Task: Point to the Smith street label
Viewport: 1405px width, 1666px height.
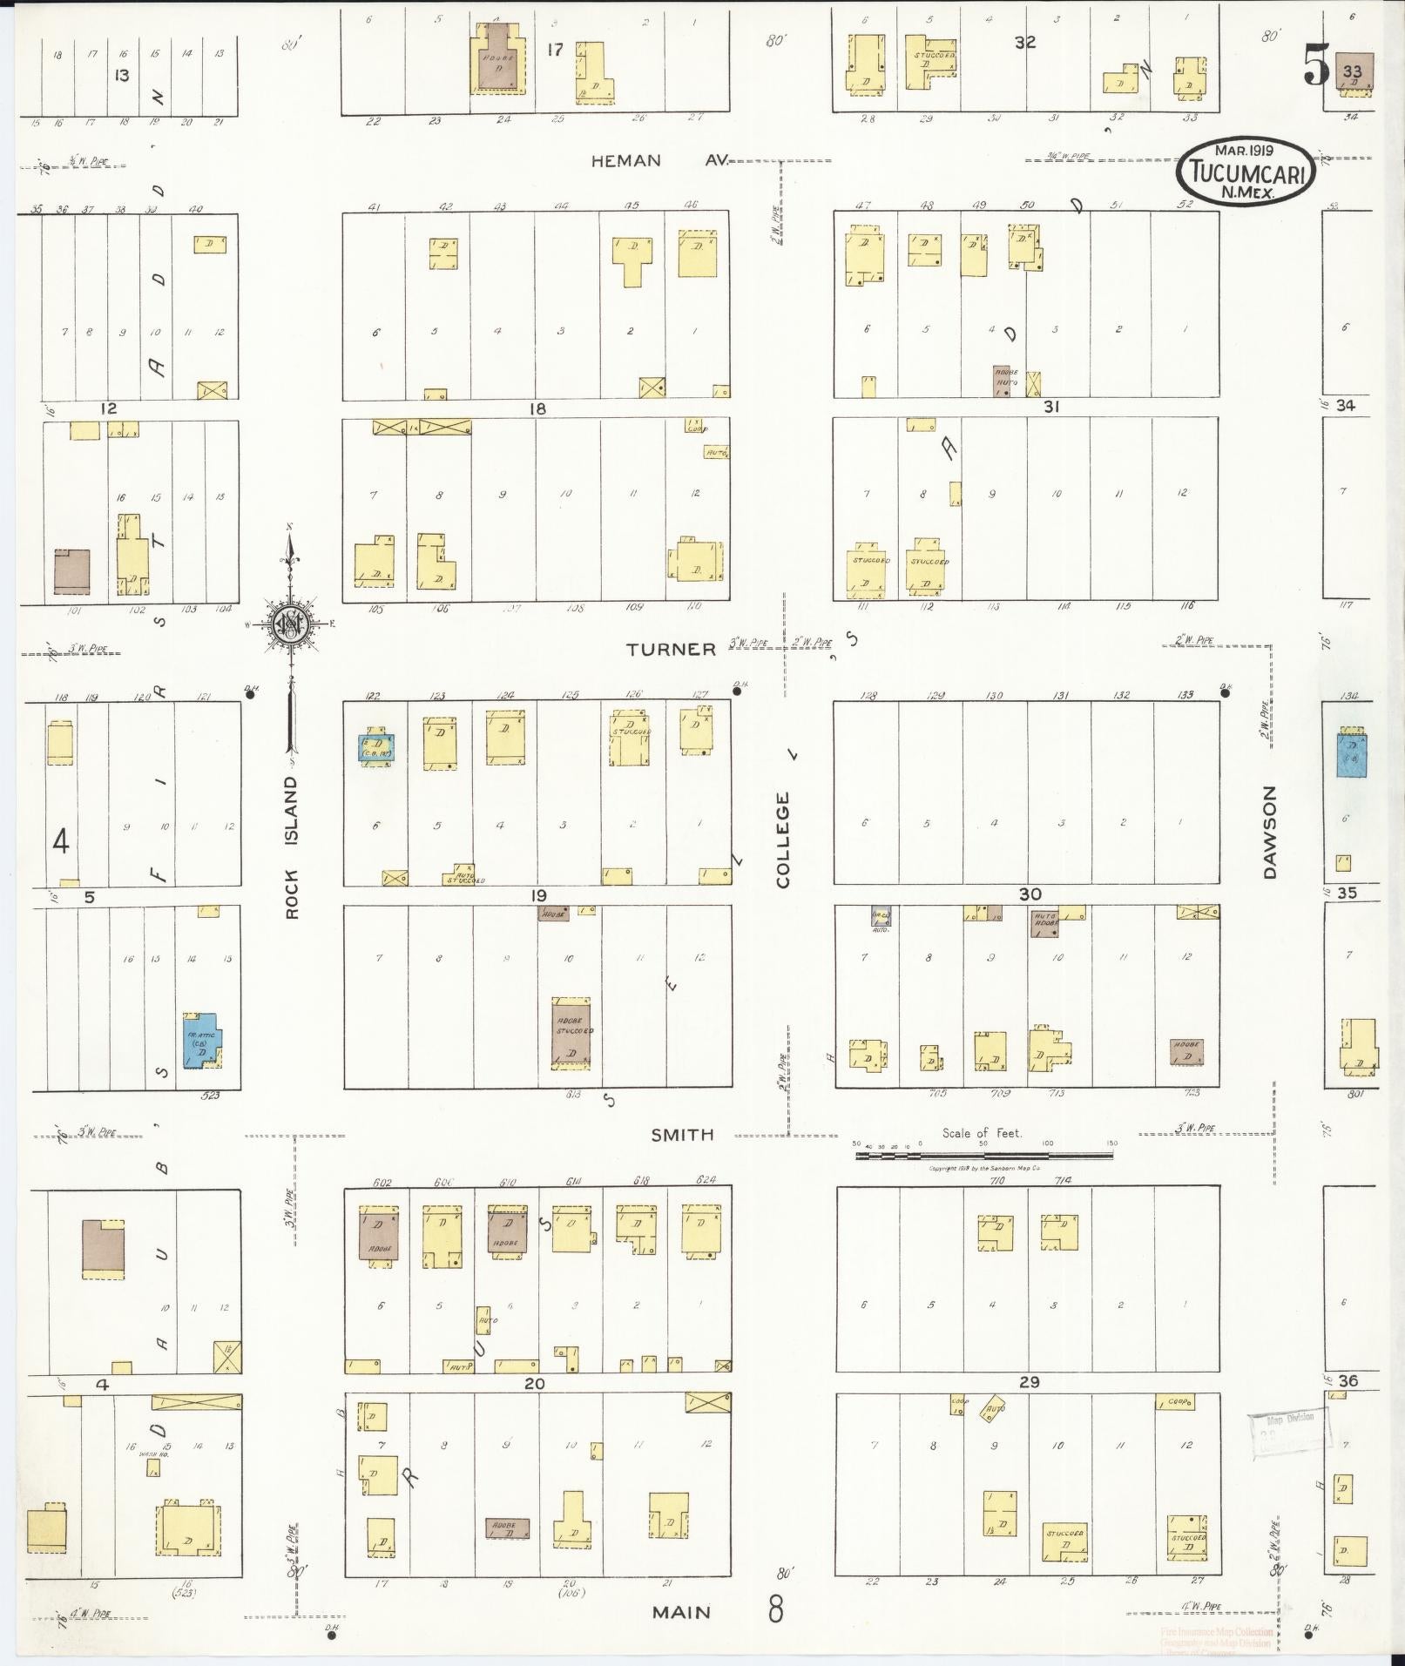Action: coord(683,1135)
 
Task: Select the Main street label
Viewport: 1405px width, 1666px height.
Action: coord(682,1612)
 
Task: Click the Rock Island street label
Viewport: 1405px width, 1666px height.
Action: coord(291,846)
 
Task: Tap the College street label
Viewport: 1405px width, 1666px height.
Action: coord(783,840)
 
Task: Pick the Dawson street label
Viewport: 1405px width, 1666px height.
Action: coord(1269,832)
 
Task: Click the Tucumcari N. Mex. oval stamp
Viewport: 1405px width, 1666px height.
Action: coord(1248,171)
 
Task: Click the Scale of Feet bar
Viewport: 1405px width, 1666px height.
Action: coord(984,1156)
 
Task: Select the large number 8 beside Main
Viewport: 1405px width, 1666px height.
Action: coord(775,1609)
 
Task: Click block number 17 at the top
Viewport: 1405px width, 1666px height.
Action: coord(555,50)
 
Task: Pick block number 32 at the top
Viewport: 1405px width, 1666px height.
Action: coord(1025,41)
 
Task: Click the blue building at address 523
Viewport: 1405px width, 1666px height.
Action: coord(201,1039)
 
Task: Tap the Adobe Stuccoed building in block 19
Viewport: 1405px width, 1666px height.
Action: coord(572,1032)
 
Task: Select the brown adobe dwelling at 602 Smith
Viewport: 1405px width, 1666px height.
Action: coord(379,1233)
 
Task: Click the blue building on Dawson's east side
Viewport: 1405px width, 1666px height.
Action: coord(1351,752)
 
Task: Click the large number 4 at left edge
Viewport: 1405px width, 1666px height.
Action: coord(60,842)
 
